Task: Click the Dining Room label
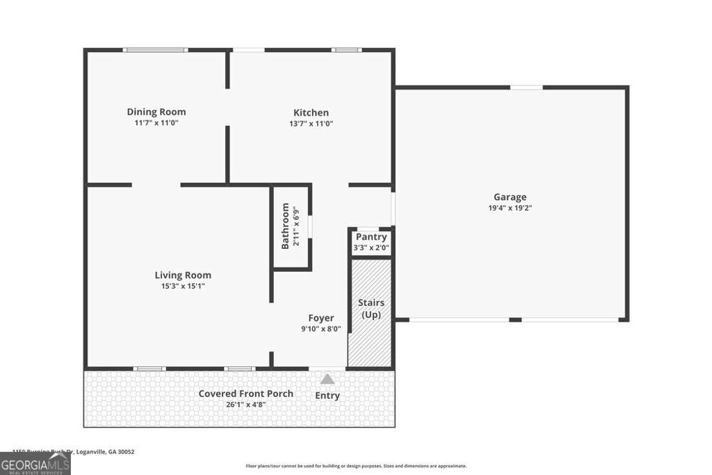[x=156, y=112]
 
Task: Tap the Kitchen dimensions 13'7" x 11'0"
[x=311, y=123]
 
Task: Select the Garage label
[x=510, y=197]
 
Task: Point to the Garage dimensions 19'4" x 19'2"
[x=510, y=207]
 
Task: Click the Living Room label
[x=183, y=275]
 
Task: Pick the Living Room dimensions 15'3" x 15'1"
[x=183, y=286]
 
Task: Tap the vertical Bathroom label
[x=285, y=226]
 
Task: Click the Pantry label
[x=371, y=237]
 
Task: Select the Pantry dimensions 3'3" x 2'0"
[x=371, y=247]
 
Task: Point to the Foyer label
[x=321, y=319]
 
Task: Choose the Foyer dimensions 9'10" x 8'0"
[x=321, y=329]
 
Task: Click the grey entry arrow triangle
[x=327, y=379]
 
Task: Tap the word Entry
[x=327, y=396]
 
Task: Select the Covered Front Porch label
[x=245, y=394]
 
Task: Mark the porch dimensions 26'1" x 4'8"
[x=245, y=404]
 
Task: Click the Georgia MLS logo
[x=35, y=463]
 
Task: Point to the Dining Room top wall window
[x=155, y=50]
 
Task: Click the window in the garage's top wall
[x=526, y=88]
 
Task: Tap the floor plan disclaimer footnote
[x=356, y=466]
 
